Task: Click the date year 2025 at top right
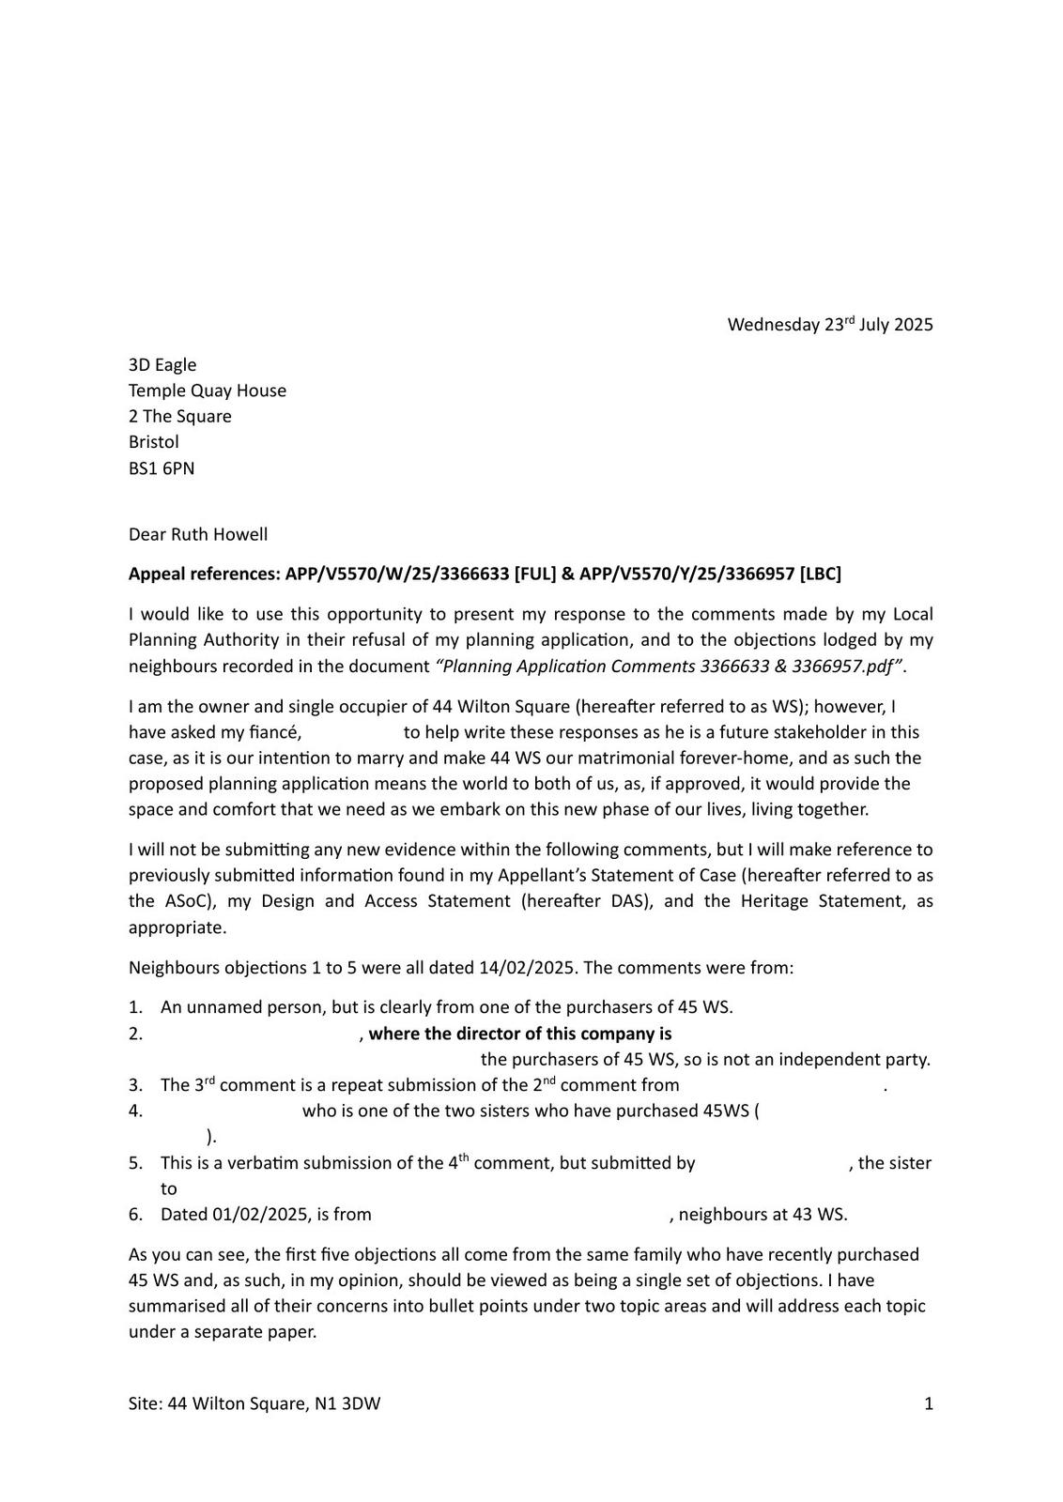click(x=914, y=325)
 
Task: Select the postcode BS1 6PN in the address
click(x=162, y=467)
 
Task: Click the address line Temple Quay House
click(x=208, y=391)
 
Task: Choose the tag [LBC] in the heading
click(x=820, y=574)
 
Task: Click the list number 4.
click(x=135, y=1111)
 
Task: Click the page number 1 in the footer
click(x=929, y=1403)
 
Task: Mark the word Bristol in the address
click(x=154, y=441)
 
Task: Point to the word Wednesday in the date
click(x=773, y=325)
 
